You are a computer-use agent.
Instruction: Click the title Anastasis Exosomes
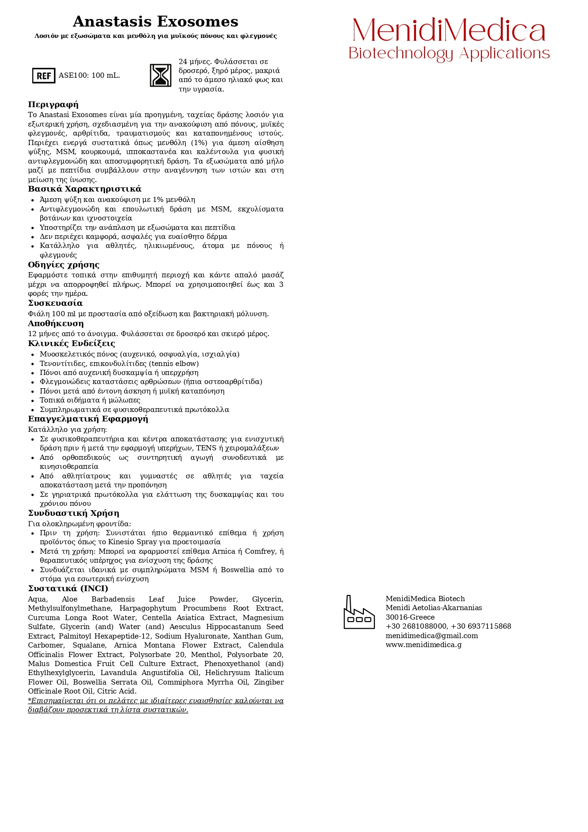point(155,22)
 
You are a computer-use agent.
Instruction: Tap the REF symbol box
point(44,75)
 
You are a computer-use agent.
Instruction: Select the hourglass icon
point(161,75)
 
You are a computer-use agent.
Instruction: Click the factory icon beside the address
point(359,613)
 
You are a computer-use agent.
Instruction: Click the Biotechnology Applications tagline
point(449,54)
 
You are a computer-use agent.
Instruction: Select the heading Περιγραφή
point(53,105)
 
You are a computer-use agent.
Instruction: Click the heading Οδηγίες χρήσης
point(63,265)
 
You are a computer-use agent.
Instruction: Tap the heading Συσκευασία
point(55,303)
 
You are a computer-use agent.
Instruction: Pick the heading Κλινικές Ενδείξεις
point(71,344)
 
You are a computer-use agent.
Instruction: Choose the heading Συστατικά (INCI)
point(68,589)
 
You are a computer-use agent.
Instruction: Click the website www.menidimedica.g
point(423,645)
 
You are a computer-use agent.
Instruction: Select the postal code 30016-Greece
point(410,617)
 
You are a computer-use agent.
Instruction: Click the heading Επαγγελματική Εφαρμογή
point(88,419)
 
